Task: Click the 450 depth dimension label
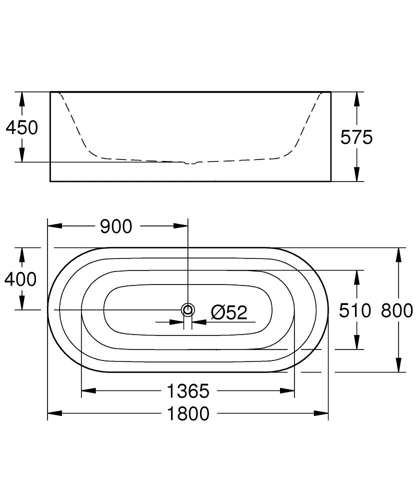pos(21,128)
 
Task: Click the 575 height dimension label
pos(356,137)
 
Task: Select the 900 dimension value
pos(116,226)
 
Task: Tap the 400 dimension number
pos(20,279)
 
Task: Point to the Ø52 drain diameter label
pos(229,313)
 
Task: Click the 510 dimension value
pos(355,310)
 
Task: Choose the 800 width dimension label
pos(397,310)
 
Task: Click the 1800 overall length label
pos(188,413)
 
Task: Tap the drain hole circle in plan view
pos(188,310)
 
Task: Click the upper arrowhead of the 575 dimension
pos(356,98)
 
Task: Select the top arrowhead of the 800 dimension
pos(398,254)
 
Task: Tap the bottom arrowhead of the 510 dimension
pos(356,342)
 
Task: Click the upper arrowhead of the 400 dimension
pos(22,254)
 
